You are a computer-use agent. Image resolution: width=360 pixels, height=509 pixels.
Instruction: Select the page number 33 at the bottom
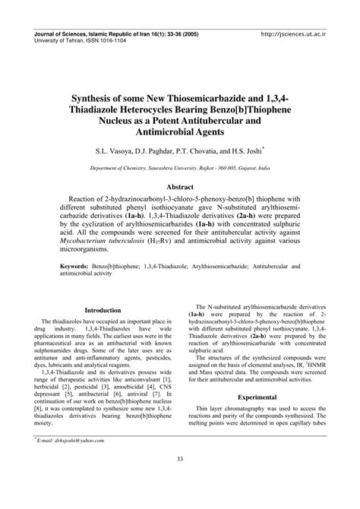click(x=180, y=479)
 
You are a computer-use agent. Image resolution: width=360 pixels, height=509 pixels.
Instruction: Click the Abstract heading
click(x=180, y=185)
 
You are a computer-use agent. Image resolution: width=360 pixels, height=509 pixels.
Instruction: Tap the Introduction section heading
click(x=103, y=289)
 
